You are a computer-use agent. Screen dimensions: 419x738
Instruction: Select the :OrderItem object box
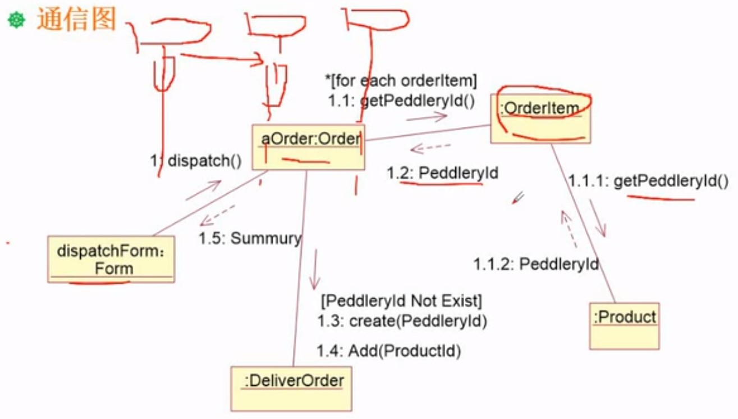(x=540, y=119)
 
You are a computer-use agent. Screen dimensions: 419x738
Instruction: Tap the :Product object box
(x=624, y=325)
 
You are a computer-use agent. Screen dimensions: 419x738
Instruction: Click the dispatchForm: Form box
(x=111, y=259)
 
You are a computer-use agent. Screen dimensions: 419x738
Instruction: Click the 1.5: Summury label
(x=250, y=238)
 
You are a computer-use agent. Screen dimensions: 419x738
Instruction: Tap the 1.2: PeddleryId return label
(x=442, y=173)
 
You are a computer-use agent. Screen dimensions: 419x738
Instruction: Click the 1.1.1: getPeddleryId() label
(x=648, y=181)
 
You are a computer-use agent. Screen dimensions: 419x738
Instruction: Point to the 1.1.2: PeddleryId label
(x=536, y=263)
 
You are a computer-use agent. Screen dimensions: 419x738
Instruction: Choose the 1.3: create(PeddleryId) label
(x=401, y=322)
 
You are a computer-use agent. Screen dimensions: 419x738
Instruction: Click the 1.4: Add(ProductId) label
(x=388, y=352)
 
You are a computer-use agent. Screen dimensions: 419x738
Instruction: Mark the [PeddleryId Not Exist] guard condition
(x=401, y=301)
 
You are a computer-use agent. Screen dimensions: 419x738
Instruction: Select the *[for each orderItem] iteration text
(x=401, y=81)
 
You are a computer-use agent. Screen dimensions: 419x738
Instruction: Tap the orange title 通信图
(x=76, y=20)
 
